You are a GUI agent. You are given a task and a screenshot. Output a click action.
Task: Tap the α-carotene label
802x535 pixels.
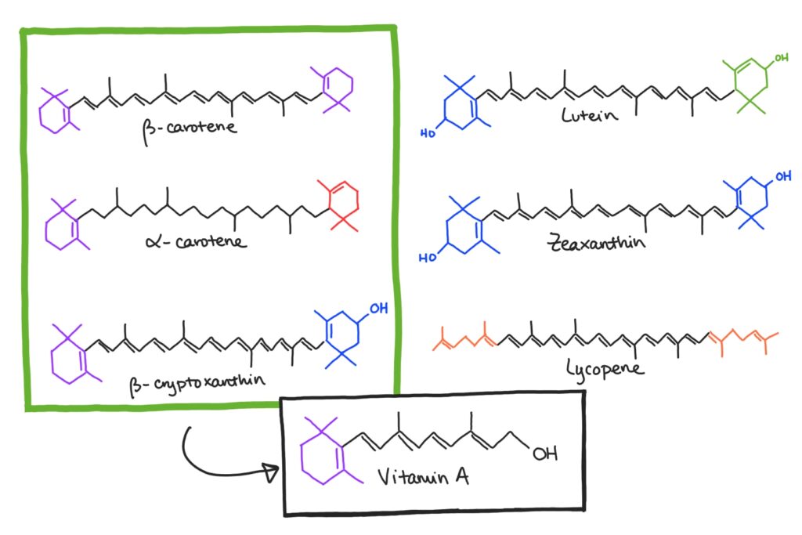[196, 240]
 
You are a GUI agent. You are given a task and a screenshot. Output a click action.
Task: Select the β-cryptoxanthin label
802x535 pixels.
[197, 384]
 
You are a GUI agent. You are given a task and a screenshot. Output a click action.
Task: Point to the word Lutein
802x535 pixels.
[589, 114]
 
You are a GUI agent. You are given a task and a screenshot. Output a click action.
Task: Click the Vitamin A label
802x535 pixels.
[423, 477]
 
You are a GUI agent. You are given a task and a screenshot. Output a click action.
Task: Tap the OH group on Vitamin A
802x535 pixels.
[545, 454]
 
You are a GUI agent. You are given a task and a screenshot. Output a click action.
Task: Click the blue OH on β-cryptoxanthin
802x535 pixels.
[378, 309]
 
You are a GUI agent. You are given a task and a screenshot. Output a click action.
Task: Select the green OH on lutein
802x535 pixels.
[781, 58]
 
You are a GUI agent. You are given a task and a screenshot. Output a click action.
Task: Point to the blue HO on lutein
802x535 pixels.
[428, 133]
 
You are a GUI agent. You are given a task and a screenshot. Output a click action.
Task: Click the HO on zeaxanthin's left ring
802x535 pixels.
[428, 257]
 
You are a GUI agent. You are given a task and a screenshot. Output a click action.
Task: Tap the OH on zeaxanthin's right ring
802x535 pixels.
[783, 176]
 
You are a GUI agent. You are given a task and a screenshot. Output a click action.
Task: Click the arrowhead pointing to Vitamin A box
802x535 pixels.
[271, 472]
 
